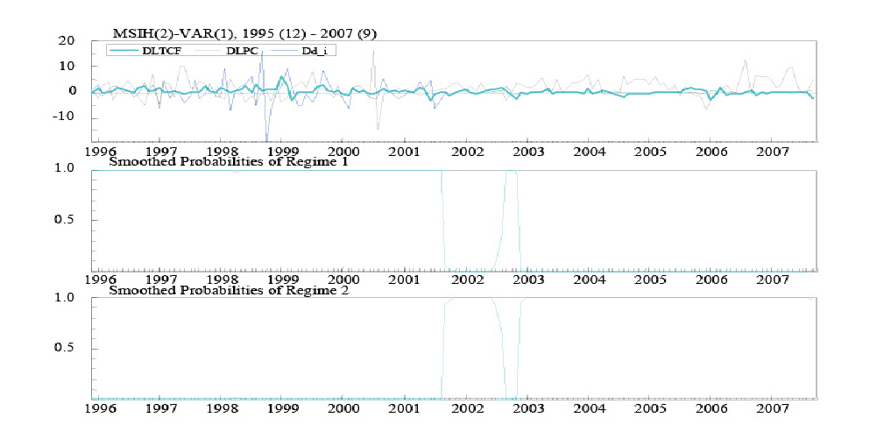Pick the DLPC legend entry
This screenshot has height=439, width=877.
click(x=250, y=51)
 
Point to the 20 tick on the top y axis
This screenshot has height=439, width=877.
click(x=67, y=41)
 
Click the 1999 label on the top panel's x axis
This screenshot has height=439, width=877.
click(x=279, y=151)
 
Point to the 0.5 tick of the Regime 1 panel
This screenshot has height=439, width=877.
click(x=67, y=219)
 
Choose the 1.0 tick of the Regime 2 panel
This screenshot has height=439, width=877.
click(x=67, y=298)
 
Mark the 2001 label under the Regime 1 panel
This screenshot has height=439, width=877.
click(x=404, y=280)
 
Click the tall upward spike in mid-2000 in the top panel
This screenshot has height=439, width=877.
click(x=373, y=53)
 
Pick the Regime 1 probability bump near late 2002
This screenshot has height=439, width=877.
click(x=511, y=175)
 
